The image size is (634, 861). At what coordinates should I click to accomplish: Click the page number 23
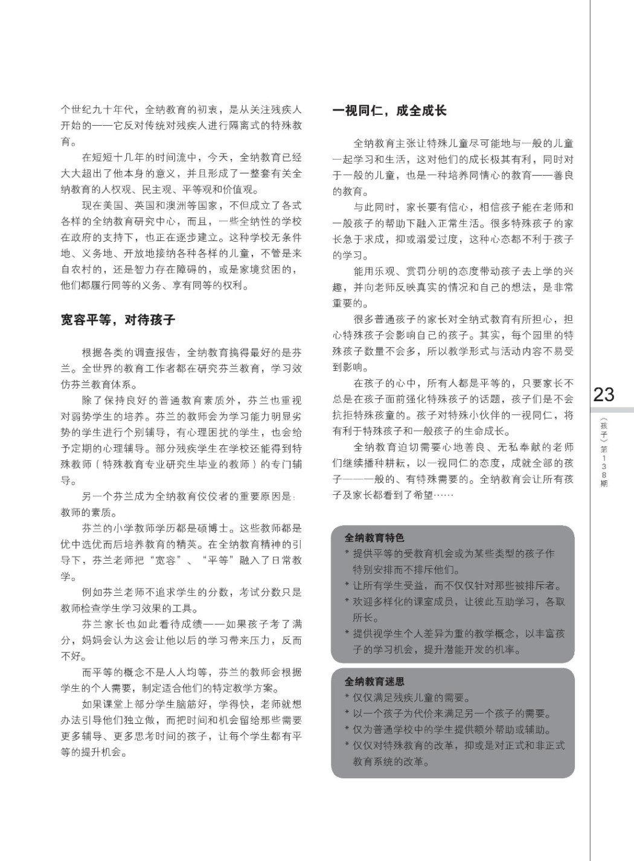603,395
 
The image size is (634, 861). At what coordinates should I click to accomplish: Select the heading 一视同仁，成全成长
389,111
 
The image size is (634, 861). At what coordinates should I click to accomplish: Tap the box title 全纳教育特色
374,537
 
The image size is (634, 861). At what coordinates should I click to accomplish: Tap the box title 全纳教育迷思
374,681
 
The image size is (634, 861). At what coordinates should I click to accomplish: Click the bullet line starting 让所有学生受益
453,585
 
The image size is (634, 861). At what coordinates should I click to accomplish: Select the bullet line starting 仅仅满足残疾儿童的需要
411,697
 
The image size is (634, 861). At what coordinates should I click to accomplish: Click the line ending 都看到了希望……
392,495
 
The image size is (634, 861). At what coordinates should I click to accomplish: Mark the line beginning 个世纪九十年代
181,110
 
